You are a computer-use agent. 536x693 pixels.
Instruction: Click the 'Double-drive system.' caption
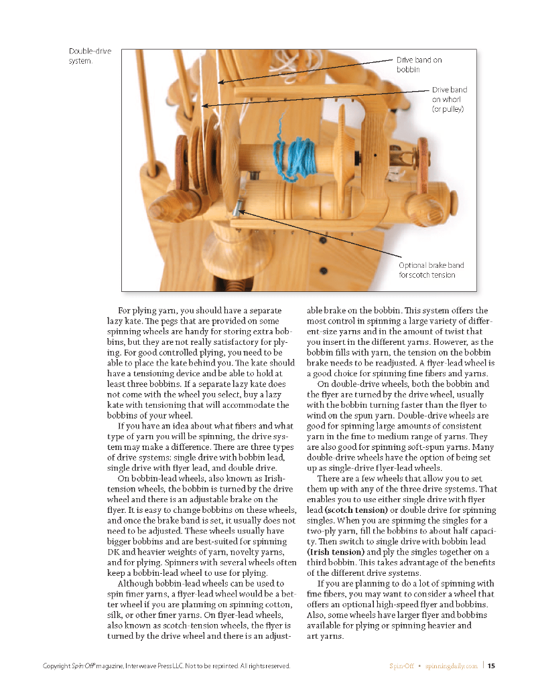tap(90, 56)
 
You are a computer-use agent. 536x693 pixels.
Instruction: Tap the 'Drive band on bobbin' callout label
tap(419, 64)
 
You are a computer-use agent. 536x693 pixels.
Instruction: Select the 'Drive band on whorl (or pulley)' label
tap(449, 98)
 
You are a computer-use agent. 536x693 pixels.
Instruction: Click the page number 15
tap(491, 666)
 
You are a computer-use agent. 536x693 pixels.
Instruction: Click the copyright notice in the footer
tap(166, 666)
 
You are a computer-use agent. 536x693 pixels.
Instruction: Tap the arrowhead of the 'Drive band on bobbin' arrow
tap(218, 82)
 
